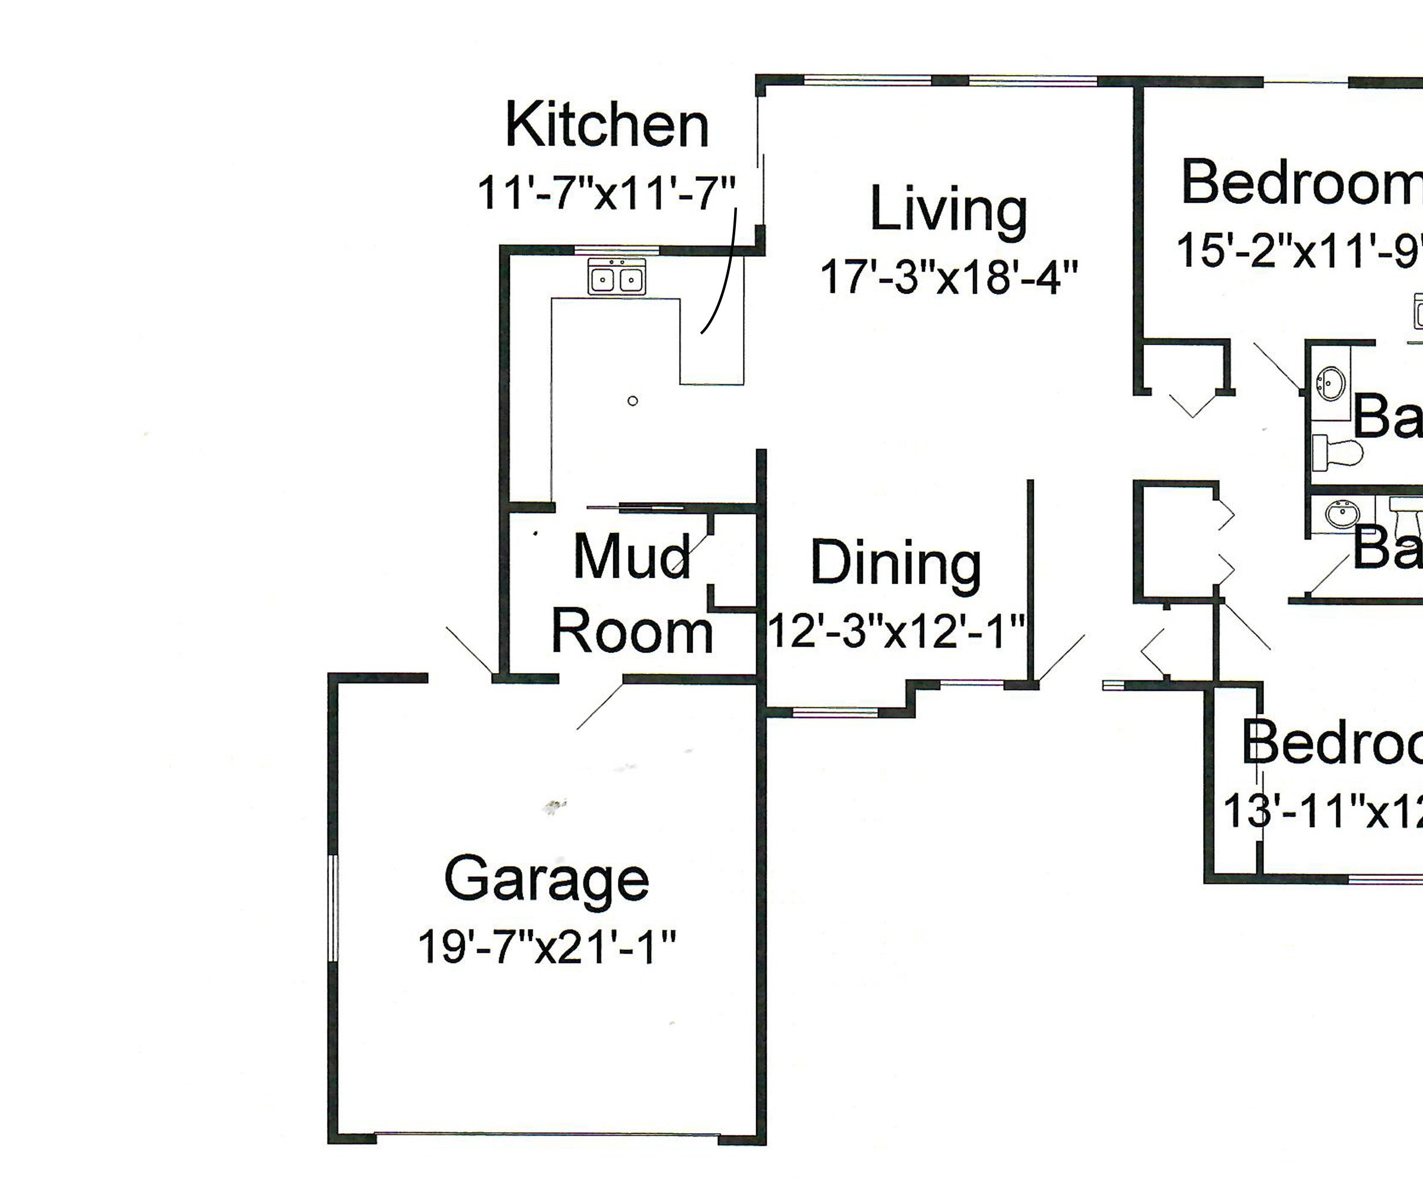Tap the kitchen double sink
pyautogui.click(x=617, y=278)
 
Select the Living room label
pyautogui.click(x=949, y=210)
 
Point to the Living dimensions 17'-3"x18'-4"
pyautogui.click(x=949, y=277)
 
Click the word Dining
pyautogui.click(x=896, y=564)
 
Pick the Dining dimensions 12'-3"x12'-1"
pyautogui.click(x=896, y=632)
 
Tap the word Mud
pyautogui.click(x=632, y=557)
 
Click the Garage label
pyautogui.click(x=547, y=879)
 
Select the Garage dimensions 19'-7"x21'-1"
pyautogui.click(x=547, y=946)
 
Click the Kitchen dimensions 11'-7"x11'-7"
pyautogui.click(x=607, y=193)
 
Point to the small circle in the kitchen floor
pyautogui.click(x=632, y=401)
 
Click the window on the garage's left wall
pyautogui.click(x=333, y=908)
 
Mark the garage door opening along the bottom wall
pyautogui.click(x=547, y=1134)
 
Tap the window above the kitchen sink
pyautogui.click(x=617, y=251)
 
